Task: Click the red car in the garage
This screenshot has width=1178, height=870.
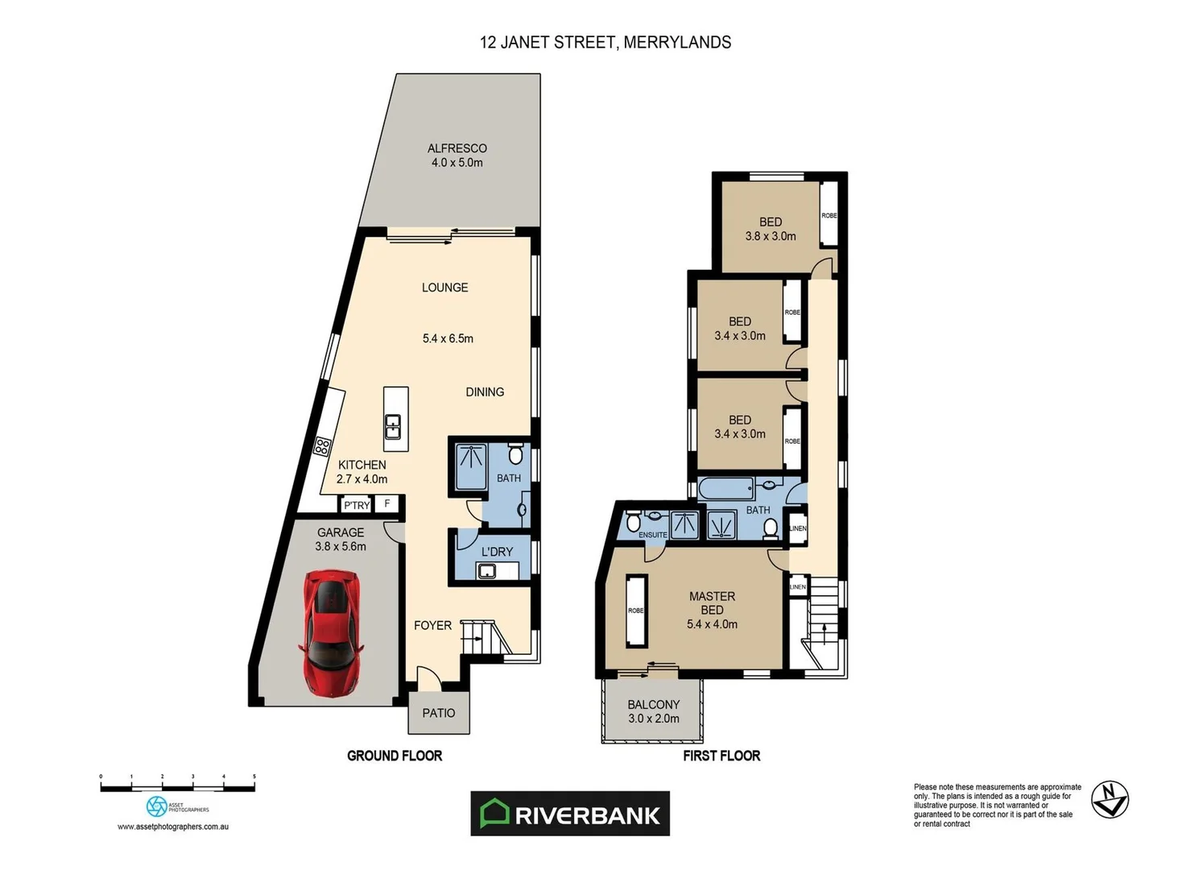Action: pyautogui.click(x=331, y=633)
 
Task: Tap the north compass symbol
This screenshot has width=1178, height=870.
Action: pyautogui.click(x=1110, y=799)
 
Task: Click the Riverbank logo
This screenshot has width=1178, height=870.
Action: pyautogui.click(x=570, y=814)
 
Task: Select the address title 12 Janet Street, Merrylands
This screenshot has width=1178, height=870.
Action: pyautogui.click(x=606, y=43)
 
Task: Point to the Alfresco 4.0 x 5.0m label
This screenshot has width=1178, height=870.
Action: pyautogui.click(x=457, y=155)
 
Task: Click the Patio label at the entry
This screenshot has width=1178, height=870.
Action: pyautogui.click(x=439, y=713)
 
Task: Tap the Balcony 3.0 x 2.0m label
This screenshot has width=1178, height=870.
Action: pyautogui.click(x=653, y=711)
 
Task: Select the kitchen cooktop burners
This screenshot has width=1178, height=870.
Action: pyautogui.click(x=322, y=446)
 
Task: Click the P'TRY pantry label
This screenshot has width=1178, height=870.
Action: pyautogui.click(x=356, y=505)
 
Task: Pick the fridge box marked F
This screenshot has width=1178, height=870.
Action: pyautogui.click(x=387, y=503)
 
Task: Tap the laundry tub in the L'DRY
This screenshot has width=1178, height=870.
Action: pyautogui.click(x=486, y=571)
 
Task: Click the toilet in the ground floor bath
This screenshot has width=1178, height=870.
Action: pyautogui.click(x=516, y=455)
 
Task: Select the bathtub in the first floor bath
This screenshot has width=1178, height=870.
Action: pyautogui.click(x=726, y=488)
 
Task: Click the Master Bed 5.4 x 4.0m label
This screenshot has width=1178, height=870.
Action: pyautogui.click(x=712, y=610)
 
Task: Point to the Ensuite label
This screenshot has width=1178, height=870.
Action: pyautogui.click(x=652, y=535)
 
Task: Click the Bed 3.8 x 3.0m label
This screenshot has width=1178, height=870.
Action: pyautogui.click(x=771, y=229)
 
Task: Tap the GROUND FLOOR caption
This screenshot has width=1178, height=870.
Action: pyautogui.click(x=395, y=756)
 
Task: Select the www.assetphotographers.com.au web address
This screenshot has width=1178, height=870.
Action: pyautogui.click(x=173, y=826)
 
